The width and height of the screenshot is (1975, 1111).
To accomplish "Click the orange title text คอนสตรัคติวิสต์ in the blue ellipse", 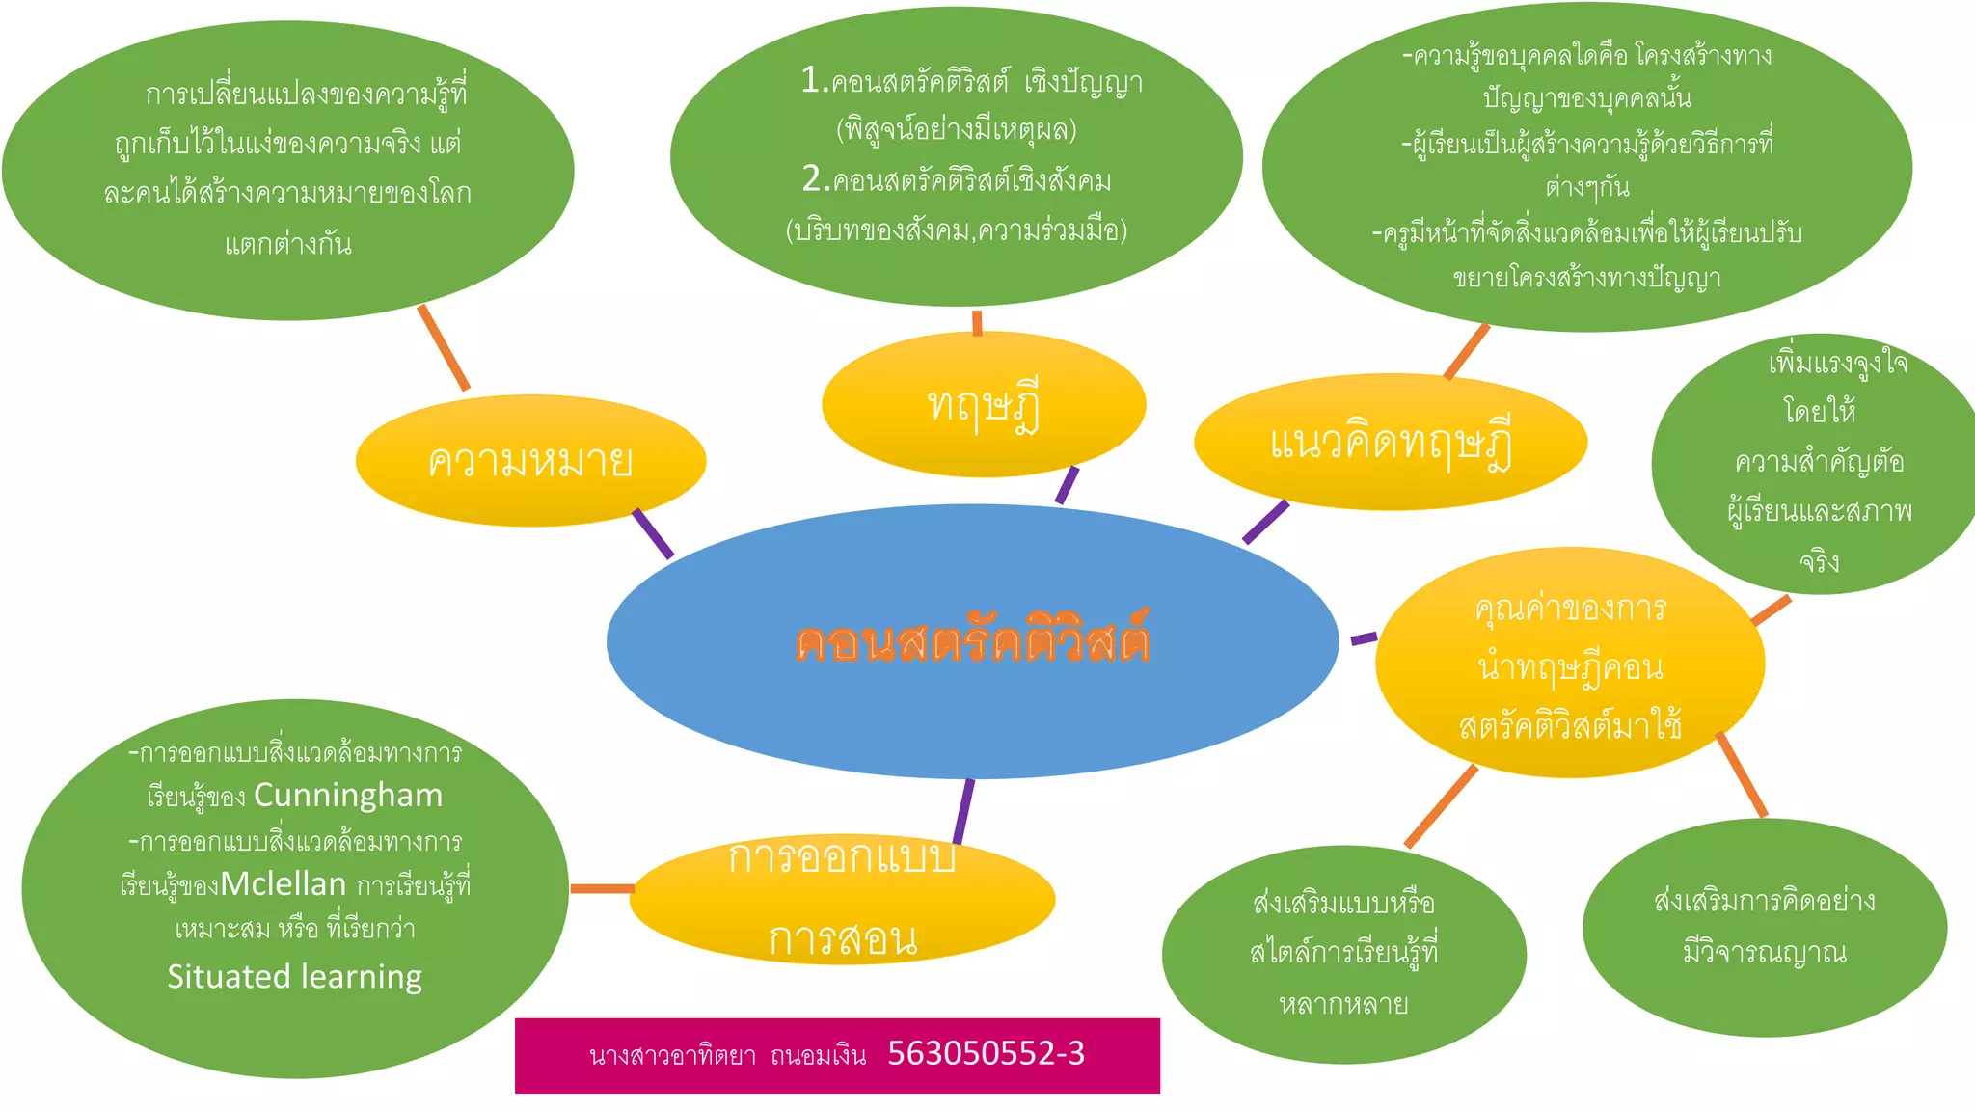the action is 972,640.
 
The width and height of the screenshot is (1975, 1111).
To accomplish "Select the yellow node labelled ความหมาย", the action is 530,461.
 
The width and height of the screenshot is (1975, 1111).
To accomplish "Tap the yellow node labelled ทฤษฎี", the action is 984,405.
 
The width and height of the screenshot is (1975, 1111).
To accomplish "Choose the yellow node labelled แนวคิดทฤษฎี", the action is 1390,443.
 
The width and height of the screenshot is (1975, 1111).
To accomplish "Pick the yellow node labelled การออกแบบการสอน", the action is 842,899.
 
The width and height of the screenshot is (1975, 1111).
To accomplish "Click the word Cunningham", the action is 348,796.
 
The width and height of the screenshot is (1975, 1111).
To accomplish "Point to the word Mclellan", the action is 284,884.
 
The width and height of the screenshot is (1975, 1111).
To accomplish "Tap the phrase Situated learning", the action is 294,977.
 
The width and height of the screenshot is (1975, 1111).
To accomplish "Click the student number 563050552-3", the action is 986,1053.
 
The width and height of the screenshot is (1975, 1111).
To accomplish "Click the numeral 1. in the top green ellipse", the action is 814,81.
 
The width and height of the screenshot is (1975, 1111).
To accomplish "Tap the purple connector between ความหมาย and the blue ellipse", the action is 653,533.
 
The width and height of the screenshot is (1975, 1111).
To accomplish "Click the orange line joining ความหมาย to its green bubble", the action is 444,348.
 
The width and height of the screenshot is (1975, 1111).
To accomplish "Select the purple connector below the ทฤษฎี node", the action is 1067,485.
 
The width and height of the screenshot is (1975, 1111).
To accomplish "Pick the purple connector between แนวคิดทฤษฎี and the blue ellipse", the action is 1265,522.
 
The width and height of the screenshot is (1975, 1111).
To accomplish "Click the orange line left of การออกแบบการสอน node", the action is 602,888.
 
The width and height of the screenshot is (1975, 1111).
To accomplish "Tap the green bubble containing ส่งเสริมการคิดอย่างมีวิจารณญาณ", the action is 1764,928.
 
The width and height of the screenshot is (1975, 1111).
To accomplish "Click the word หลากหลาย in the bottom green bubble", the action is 1343,1005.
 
